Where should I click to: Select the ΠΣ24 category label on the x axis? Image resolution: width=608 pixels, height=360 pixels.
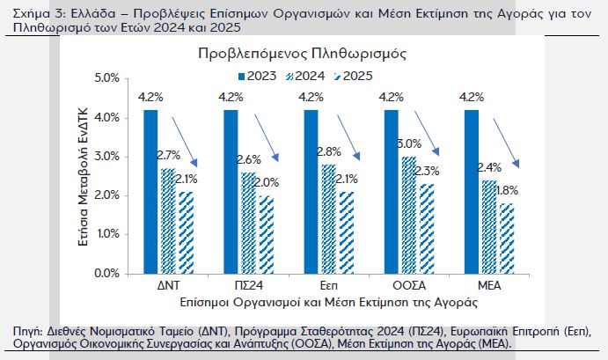[x=247, y=287]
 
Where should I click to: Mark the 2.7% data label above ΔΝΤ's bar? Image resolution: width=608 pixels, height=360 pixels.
[x=168, y=156]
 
